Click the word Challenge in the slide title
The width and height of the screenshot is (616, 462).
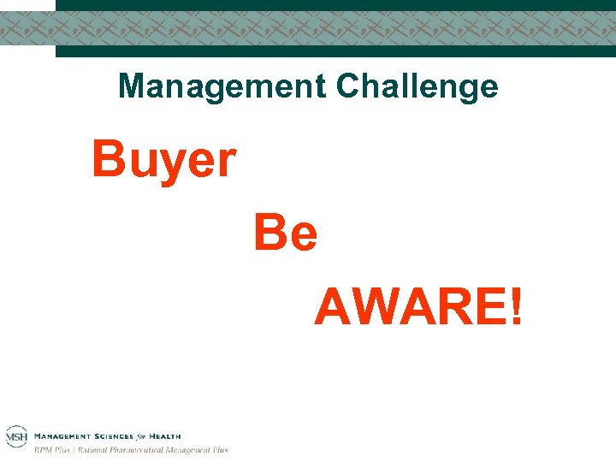pyautogui.click(x=418, y=86)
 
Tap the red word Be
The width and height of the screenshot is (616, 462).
pyautogui.click(x=286, y=234)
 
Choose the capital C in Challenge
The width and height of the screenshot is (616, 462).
pyautogui.click(x=349, y=86)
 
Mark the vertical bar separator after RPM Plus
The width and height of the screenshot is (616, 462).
pyautogui.click(x=74, y=450)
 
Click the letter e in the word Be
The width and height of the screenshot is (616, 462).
pyautogui.click(x=302, y=237)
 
